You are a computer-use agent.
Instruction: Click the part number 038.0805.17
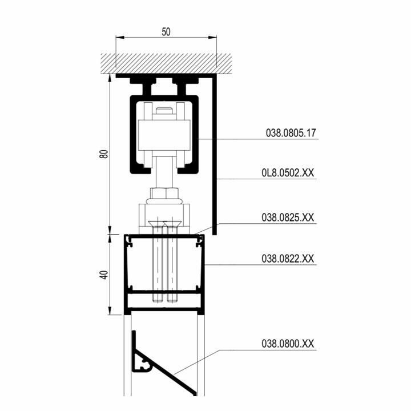point(291,133)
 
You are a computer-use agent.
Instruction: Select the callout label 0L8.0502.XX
point(288,173)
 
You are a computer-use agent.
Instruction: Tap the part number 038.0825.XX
point(288,217)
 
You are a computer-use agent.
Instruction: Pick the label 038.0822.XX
point(288,259)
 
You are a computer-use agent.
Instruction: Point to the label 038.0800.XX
point(288,344)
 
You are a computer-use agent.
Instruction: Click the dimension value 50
point(166,32)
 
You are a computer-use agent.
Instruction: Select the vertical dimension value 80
point(104,154)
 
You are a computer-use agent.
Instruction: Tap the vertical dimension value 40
point(104,275)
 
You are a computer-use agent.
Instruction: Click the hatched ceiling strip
point(166,64)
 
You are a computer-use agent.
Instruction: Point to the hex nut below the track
point(164,193)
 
